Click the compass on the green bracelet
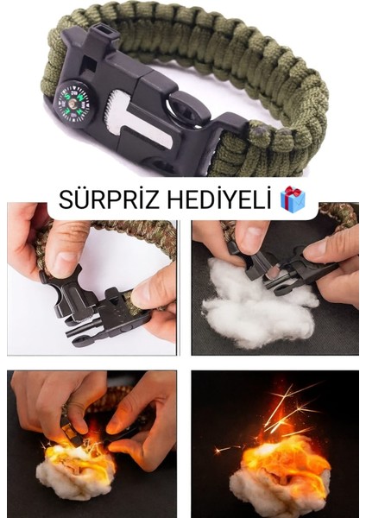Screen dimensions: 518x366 76,102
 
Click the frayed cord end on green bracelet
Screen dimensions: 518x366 256,131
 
